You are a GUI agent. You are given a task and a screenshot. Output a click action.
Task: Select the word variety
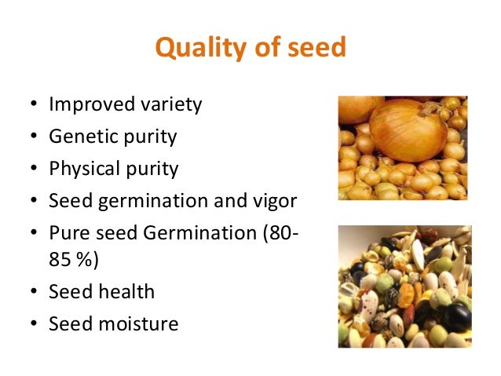click(171, 105)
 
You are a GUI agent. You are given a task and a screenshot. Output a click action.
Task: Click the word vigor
click(274, 201)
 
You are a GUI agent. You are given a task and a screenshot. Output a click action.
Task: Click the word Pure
click(65, 233)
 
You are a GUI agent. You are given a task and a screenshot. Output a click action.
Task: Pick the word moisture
click(137, 323)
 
